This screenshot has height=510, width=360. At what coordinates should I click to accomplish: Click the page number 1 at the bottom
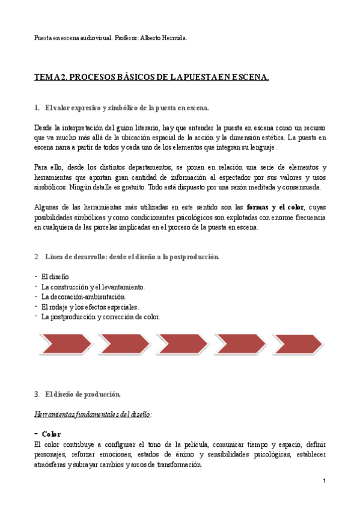tap(324, 481)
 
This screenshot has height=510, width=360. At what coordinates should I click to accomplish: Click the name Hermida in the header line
tap(174, 38)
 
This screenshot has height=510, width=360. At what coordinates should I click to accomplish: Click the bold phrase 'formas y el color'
tap(275, 206)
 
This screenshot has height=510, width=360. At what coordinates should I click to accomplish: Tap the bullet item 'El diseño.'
tap(56, 277)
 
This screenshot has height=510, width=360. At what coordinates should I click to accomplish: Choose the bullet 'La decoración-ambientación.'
tap(84, 296)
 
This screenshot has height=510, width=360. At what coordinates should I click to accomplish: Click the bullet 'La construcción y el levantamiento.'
tap(93, 287)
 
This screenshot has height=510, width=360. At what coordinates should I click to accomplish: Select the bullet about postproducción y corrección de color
tap(100, 316)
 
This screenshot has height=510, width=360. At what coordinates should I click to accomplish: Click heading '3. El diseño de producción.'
tap(82, 394)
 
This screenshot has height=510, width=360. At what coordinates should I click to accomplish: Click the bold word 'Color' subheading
tap(51, 434)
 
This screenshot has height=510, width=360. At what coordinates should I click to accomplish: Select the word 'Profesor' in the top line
tap(124, 38)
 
